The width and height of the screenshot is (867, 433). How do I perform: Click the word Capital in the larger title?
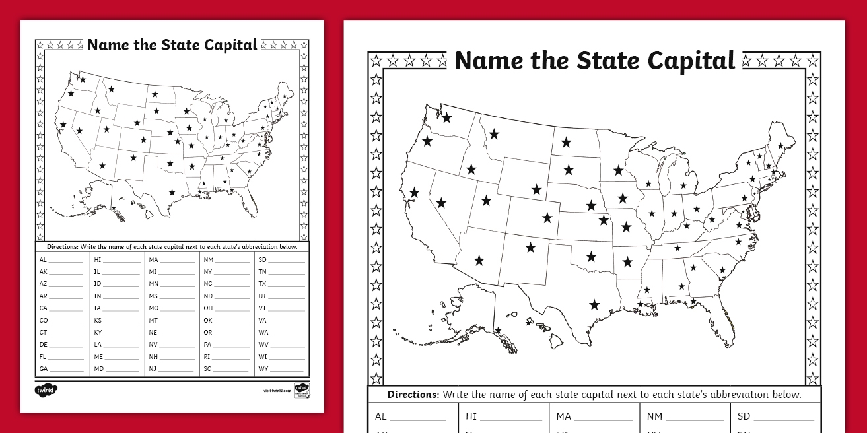[691, 61]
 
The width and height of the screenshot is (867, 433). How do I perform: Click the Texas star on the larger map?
[594, 304]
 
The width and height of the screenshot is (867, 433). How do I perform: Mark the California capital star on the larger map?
[414, 193]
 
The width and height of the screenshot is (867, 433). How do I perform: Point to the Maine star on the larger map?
[781, 146]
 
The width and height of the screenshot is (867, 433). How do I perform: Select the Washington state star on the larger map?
[447, 118]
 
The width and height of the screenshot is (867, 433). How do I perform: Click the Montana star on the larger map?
[494, 134]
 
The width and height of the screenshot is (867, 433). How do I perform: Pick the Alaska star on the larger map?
[498, 331]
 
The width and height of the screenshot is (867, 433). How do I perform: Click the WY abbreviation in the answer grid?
[263, 368]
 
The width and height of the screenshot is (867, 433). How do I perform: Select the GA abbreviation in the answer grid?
[44, 368]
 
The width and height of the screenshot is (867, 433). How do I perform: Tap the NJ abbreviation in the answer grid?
[153, 368]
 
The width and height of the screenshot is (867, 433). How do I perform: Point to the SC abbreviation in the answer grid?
[207, 368]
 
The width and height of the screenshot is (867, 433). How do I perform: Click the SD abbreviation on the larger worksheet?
[744, 416]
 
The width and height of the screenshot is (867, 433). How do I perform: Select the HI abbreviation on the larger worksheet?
[471, 416]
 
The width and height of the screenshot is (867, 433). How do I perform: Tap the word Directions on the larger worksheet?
[413, 395]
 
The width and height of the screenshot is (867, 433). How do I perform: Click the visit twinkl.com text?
[277, 391]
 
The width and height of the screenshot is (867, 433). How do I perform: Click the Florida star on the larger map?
[693, 302]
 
